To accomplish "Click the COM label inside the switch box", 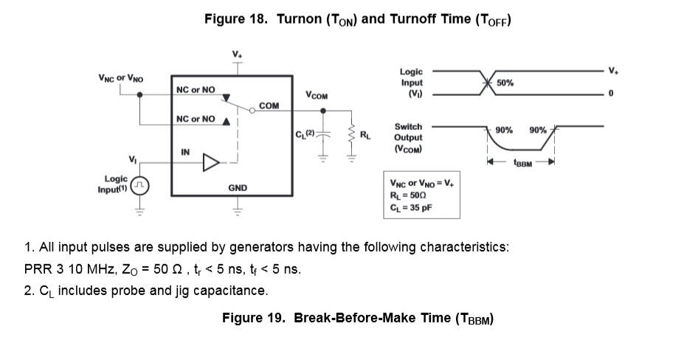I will pyautogui.click(x=269, y=106).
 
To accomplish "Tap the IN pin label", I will pyautogui.click(x=185, y=152).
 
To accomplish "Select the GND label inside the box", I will pyautogui.click(x=237, y=188).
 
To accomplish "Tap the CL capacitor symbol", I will pyautogui.click(x=322, y=136).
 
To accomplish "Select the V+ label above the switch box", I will pyautogui.click(x=237, y=55).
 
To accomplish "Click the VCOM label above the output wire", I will pyautogui.click(x=317, y=96).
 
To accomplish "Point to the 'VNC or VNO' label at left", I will pyautogui.click(x=121, y=77).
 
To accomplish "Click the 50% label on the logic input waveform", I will pyautogui.click(x=505, y=83).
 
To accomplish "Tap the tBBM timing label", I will pyautogui.click(x=522, y=164).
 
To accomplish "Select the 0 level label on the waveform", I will pyautogui.click(x=611, y=94).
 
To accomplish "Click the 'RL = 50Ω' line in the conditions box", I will pyautogui.click(x=408, y=195).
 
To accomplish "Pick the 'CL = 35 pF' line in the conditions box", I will pyautogui.click(x=411, y=207).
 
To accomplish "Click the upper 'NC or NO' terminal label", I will pyautogui.click(x=196, y=90).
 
